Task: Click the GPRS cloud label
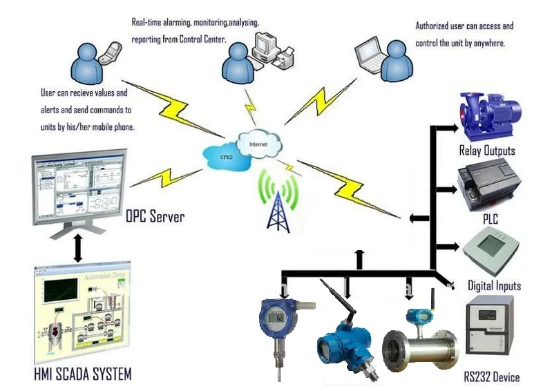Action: pyautogui.click(x=226, y=157)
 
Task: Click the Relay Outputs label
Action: pyautogui.click(x=487, y=151)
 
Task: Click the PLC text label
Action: pyautogui.click(x=491, y=220)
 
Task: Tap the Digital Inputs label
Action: pyautogui.click(x=494, y=285)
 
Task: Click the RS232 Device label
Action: pyautogui.click(x=492, y=377)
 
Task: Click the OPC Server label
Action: pyautogui.click(x=155, y=217)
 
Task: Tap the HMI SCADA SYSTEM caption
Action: pyautogui.click(x=82, y=374)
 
